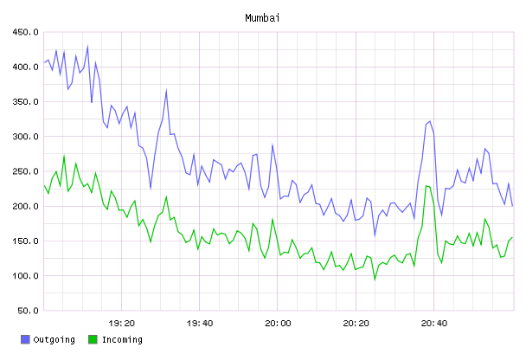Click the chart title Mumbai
click(x=262, y=18)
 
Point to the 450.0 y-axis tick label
click(x=25, y=32)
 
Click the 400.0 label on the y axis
click(x=25, y=67)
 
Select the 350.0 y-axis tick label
click(x=25, y=101)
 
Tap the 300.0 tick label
click(x=25, y=137)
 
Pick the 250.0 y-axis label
click(x=25, y=171)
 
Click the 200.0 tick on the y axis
click(x=25, y=206)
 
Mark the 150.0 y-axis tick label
click(x=25, y=241)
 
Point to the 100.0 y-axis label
click(x=25, y=276)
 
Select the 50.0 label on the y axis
click(x=28, y=311)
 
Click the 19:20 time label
click(x=121, y=324)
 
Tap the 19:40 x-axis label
click(x=200, y=324)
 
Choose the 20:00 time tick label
click(x=278, y=324)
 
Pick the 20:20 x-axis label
click(x=356, y=324)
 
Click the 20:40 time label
click(x=434, y=324)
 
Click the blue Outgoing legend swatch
click(x=25, y=339)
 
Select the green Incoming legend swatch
click(x=93, y=339)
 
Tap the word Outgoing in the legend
click(x=54, y=340)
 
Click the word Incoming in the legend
click(x=122, y=340)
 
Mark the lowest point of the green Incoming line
click(x=375, y=280)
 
